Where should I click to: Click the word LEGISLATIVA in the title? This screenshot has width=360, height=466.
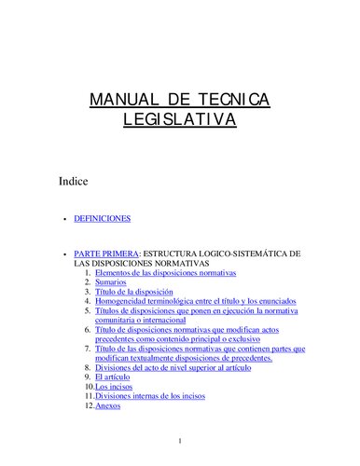pos(180,120)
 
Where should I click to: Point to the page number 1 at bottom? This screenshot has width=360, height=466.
pos(180,440)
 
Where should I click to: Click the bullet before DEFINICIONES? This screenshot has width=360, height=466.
pos(62,220)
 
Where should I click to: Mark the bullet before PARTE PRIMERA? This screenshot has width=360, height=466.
pos(62,254)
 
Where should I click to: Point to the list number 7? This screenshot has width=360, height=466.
pos(88,349)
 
